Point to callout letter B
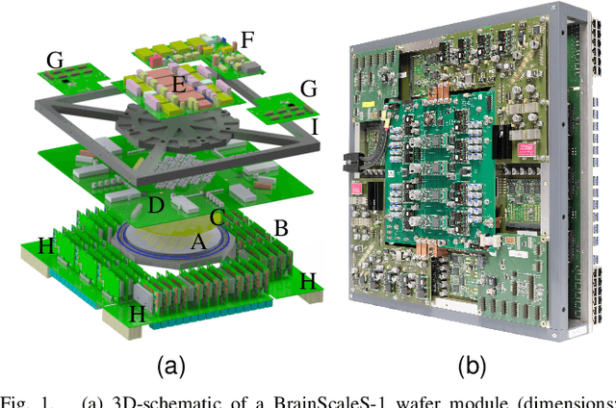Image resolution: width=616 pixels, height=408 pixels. (282, 228)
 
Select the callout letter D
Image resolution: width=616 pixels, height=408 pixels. (156, 205)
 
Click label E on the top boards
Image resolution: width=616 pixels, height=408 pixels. (177, 86)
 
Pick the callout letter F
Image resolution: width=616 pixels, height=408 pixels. (247, 40)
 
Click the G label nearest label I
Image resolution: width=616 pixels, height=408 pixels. (308, 89)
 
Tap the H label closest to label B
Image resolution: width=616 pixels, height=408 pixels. (307, 281)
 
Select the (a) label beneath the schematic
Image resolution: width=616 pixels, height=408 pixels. (170, 366)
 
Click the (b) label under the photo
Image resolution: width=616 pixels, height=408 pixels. (471, 366)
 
